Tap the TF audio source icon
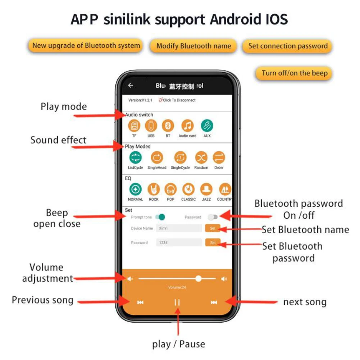[135, 126]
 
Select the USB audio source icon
[151, 126]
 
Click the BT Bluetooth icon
[168, 126]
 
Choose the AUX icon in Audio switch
[207, 126]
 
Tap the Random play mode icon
[201, 158]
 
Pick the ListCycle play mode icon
[136, 158]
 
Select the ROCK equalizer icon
[154, 189]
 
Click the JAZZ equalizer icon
[206, 189]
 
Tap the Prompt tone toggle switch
[160, 217]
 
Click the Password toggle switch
[213, 217]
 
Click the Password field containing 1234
[179, 242]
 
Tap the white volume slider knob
[199, 278]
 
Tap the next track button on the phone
[214, 302]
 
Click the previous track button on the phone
[140, 302]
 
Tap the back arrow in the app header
[131, 85]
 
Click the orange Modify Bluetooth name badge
[193, 46]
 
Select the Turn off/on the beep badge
[295, 73]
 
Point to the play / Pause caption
[178, 344]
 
